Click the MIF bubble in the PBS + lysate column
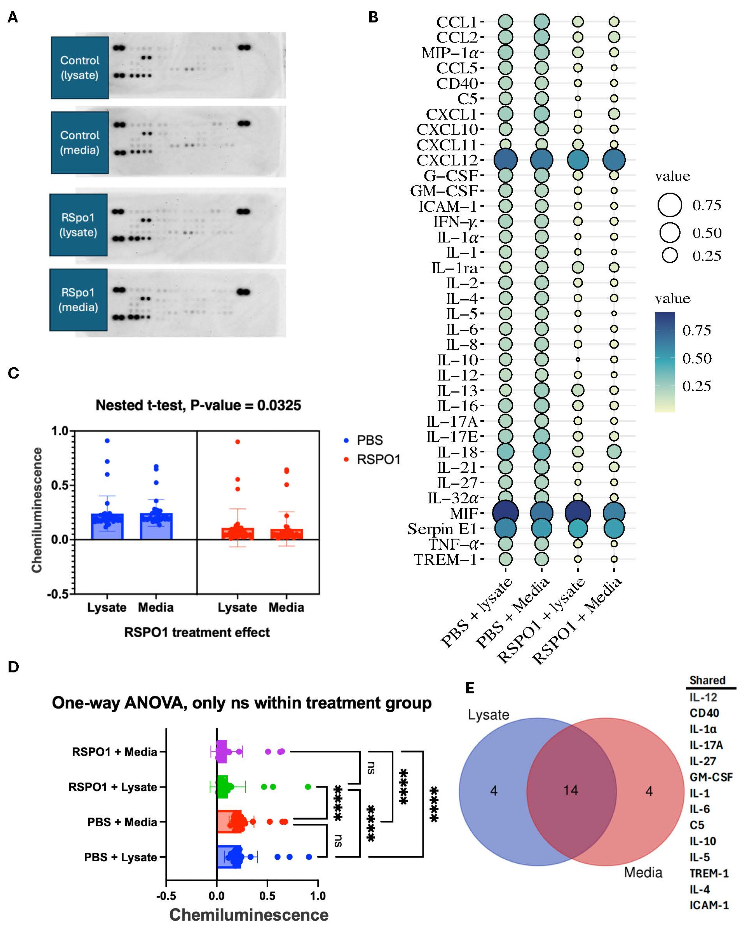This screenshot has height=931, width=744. (x=505, y=513)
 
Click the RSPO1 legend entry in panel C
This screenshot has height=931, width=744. (x=378, y=460)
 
